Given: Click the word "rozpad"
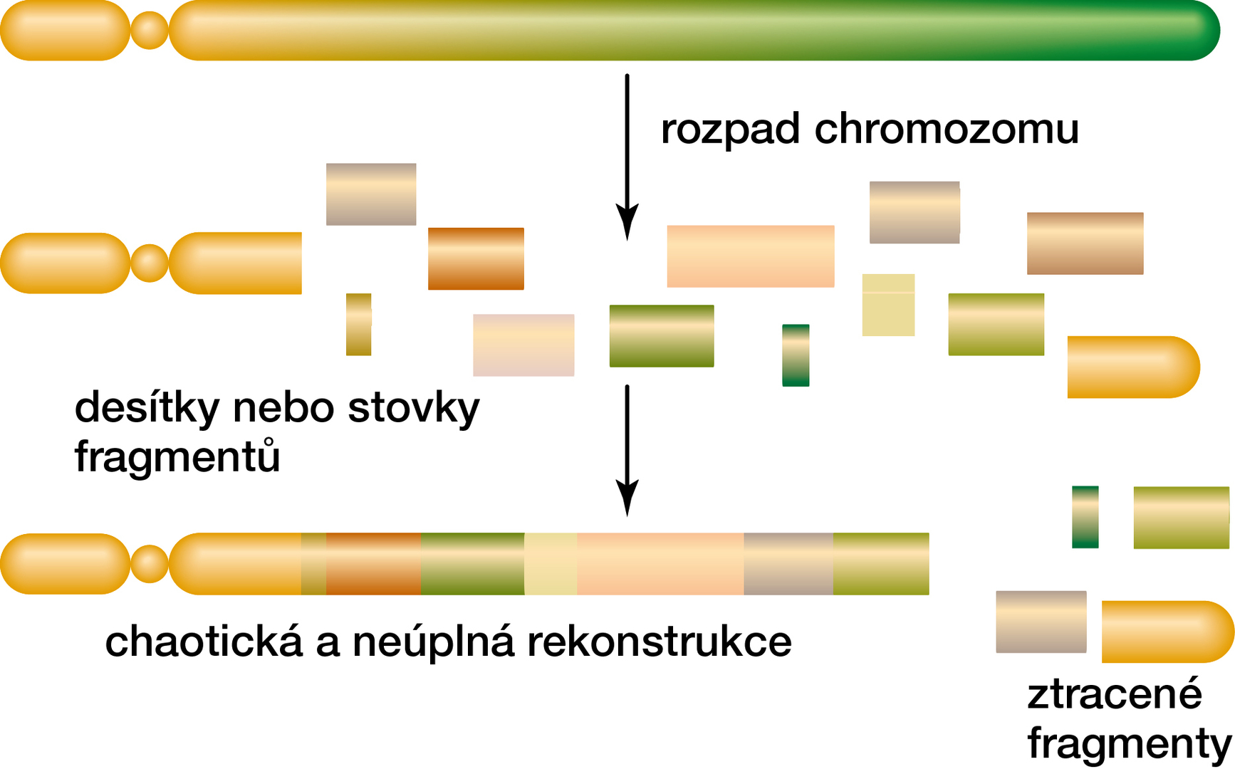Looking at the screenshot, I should pyautogui.click(x=730, y=130).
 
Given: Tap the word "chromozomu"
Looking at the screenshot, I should pyautogui.click(x=947, y=129).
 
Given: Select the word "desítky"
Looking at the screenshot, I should pyautogui.click(x=145, y=409).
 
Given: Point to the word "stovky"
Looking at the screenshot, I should pyautogui.click(x=414, y=409).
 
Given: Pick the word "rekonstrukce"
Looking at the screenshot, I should pyautogui.click(x=659, y=641).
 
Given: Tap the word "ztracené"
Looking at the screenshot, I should pyautogui.click(x=1114, y=694).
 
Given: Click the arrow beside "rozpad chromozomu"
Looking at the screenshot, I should pyautogui.click(x=627, y=157).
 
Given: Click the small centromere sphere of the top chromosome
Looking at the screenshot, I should pyautogui.click(x=150, y=31).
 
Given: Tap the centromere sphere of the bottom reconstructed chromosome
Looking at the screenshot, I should pyautogui.click(x=150, y=564).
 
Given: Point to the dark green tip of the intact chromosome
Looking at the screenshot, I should pyautogui.click(x=1197, y=31).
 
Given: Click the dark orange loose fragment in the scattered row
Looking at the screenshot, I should pyautogui.click(x=476, y=258).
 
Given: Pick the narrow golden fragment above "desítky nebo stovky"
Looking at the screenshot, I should pyautogui.click(x=358, y=324).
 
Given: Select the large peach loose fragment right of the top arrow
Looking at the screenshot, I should pyautogui.click(x=750, y=256).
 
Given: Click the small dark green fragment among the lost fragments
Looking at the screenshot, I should pyautogui.click(x=1085, y=517).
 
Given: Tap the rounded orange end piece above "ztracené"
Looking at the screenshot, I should pyautogui.click(x=1167, y=632).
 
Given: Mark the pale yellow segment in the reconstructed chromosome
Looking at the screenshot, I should pyautogui.click(x=551, y=564).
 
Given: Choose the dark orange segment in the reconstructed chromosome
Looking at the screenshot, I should pyautogui.click(x=373, y=564).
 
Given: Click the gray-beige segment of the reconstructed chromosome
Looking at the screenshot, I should pyautogui.click(x=788, y=564).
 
